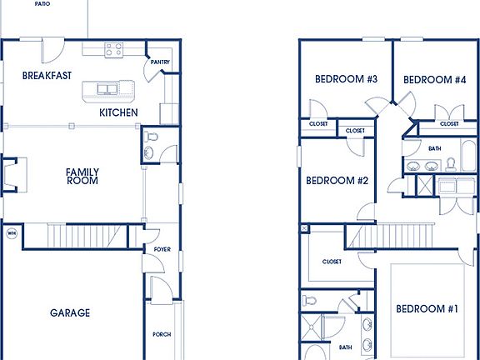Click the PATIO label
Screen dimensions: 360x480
pos(42,4)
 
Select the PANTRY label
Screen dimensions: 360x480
pos(160,62)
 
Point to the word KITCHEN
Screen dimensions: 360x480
pos(118,112)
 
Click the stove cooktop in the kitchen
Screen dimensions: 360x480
pos(113,51)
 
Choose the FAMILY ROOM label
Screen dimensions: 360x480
pos(82,177)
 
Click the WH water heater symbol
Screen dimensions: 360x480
pos(12,233)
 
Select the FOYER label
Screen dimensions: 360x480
pos(162,248)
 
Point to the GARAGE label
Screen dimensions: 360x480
pos(70,313)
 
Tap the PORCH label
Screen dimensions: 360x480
pos(162,334)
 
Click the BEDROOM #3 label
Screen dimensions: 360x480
pos(347,80)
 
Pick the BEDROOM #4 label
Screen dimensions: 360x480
pos(434,80)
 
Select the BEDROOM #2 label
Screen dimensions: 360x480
pos(337,181)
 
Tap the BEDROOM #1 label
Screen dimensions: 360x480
pos(427,309)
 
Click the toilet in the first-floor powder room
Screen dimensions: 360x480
pos(152,137)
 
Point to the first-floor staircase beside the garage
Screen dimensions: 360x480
pos(82,237)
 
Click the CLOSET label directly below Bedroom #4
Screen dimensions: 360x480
pos(449,123)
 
